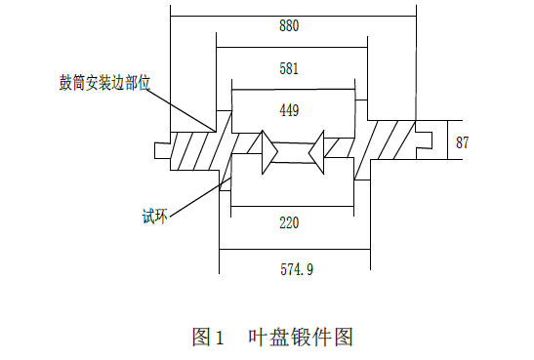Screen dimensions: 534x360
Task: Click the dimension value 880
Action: click(x=289, y=26)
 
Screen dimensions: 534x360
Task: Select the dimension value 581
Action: click(x=289, y=68)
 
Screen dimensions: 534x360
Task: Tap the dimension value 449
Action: click(x=289, y=110)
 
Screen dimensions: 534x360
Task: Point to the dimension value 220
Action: click(x=289, y=222)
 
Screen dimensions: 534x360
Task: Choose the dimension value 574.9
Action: click(x=297, y=269)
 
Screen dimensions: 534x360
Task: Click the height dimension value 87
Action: click(x=462, y=142)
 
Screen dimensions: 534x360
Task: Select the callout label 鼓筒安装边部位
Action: click(x=104, y=83)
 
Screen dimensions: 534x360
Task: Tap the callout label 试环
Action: click(x=155, y=216)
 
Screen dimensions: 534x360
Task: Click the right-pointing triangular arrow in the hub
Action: click(x=269, y=152)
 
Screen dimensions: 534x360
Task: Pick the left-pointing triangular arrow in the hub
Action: click(x=316, y=152)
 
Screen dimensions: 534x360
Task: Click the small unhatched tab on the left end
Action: click(x=162, y=150)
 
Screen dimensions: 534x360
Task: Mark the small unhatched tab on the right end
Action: click(x=424, y=140)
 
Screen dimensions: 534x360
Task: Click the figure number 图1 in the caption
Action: click(x=208, y=337)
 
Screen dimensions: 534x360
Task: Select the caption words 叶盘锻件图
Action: click(x=301, y=337)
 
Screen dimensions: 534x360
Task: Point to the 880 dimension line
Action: click(x=293, y=16)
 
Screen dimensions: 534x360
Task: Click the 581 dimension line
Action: click(x=292, y=47)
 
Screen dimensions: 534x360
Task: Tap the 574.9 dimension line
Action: click(x=295, y=249)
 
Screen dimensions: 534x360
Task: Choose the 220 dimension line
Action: click(x=293, y=206)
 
